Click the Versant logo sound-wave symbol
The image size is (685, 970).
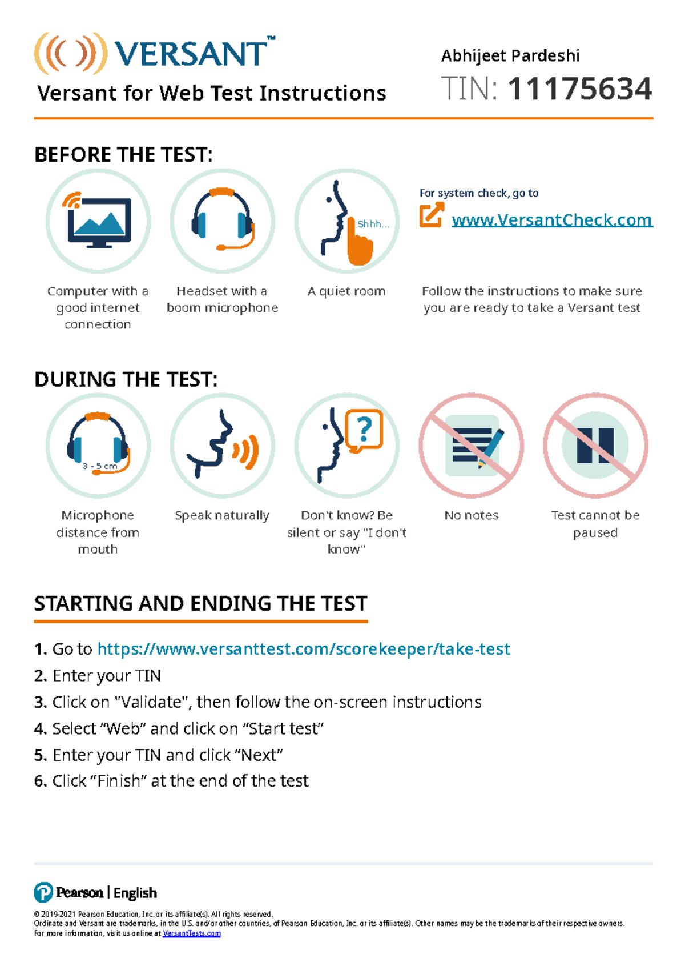(x=70, y=53)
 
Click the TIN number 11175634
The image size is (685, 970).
(x=579, y=89)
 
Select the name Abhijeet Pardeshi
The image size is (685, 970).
(x=510, y=55)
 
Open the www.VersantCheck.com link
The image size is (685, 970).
(x=551, y=220)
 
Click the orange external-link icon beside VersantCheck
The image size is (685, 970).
(x=431, y=215)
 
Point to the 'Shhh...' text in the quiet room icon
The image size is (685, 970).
(x=372, y=224)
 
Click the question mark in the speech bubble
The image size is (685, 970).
(x=364, y=428)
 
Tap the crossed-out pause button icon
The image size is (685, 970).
(x=595, y=445)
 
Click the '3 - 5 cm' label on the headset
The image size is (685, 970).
(x=99, y=466)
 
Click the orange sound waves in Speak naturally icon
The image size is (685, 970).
(x=246, y=451)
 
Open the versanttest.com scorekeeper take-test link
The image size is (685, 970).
(x=304, y=649)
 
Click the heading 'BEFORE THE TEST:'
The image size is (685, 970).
(x=123, y=155)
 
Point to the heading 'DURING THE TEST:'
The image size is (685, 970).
(x=126, y=379)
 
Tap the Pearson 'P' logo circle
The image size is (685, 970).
(x=43, y=892)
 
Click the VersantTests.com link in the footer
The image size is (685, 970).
(x=191, y=933)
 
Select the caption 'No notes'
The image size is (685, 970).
(x=471, y=515)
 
